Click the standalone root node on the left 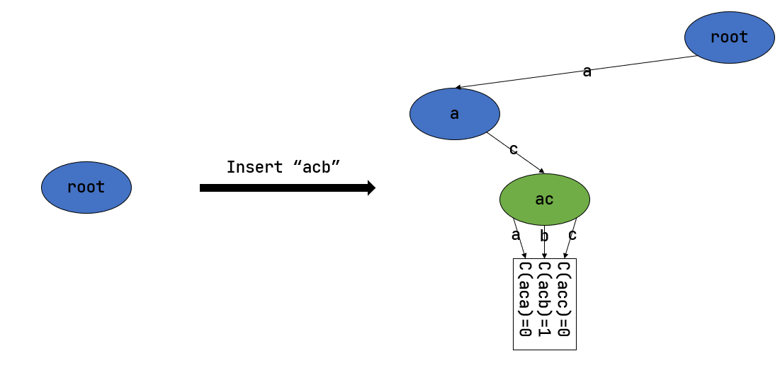tap(86, 188)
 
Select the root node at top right tap(729, 38)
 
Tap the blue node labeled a tap(454, 114)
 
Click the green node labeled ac tap(544, 200)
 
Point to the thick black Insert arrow tap(283, 188)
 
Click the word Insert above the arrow tap(254, 168)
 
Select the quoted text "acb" tap(317, 168)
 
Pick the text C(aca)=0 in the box tap(525, 299)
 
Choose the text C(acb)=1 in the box tap(544, 299)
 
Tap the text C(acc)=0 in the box tap(564, 299)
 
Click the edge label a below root tap(587, 71)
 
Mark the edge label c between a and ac tap(514, 149)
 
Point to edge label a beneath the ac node tap(516, 235)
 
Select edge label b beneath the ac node tap(544, 236)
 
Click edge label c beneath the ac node tap(572, 235)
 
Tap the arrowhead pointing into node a tap(458, 88)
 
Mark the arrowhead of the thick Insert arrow tap(371, 188)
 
